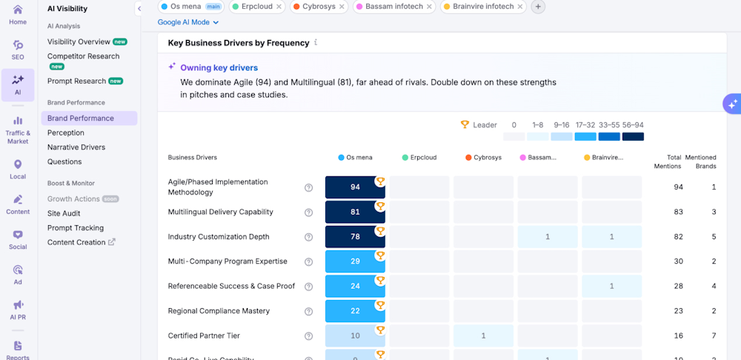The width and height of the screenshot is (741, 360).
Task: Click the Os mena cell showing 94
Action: (x=355, y=187)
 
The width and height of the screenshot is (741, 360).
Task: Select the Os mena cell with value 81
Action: (x=355, y=212)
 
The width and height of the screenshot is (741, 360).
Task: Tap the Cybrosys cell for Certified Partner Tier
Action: (x=483, y=336)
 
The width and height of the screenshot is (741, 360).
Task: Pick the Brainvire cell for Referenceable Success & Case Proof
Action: (x=611, y=286)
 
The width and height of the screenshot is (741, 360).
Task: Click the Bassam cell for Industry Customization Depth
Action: (x=548, y=237)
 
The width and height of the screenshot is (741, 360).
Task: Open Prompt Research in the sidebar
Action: (x=77, y=81)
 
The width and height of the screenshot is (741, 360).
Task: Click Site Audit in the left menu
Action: (x=64, y=213)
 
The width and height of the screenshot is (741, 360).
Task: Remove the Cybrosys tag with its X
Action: (x=342, y=7)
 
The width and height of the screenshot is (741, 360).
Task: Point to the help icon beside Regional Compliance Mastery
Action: (x=309, y=311)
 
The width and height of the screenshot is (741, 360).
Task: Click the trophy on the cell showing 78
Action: (x=380, y=230)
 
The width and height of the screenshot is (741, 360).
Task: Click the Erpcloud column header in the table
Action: (x=421, y=158)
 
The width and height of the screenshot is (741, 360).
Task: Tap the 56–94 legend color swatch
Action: (x=633, y=136)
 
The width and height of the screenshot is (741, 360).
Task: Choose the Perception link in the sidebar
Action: (x=66, y=133)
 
